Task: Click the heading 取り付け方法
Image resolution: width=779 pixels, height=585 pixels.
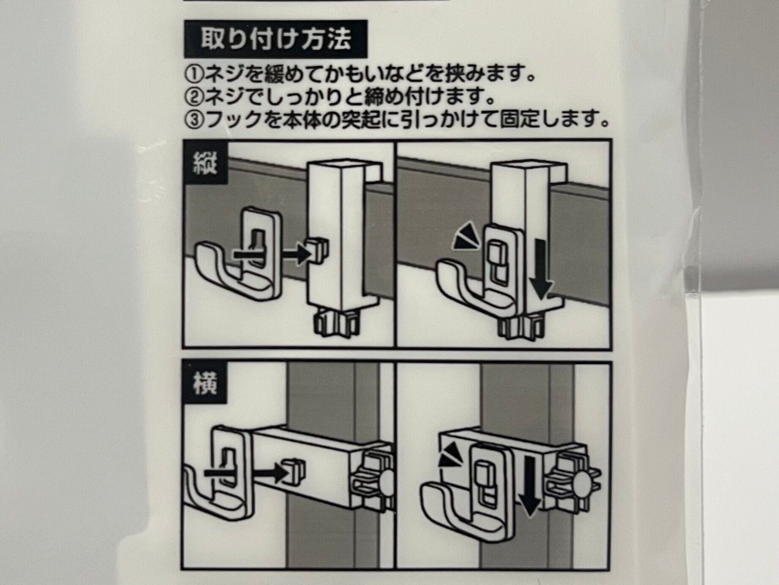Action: (275, 39)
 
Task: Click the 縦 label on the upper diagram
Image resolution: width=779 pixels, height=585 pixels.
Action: (205, 164)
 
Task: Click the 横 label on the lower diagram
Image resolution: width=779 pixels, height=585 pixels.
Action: (205, 384)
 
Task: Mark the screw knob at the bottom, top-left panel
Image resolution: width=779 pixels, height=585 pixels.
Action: (334, 324)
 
